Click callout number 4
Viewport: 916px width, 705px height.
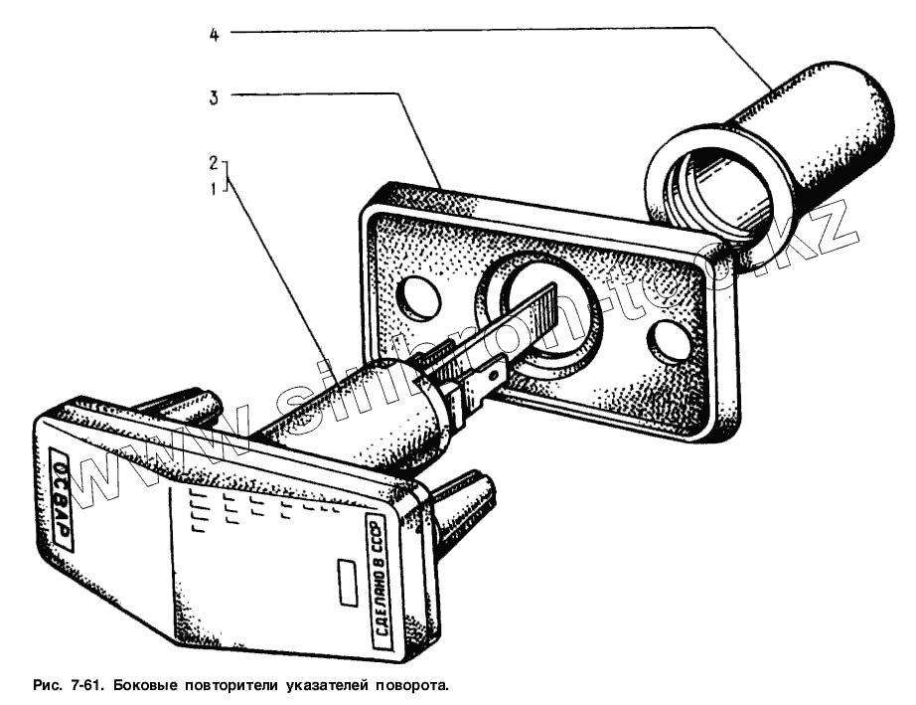pyautogui.click(x=215, y=34)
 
